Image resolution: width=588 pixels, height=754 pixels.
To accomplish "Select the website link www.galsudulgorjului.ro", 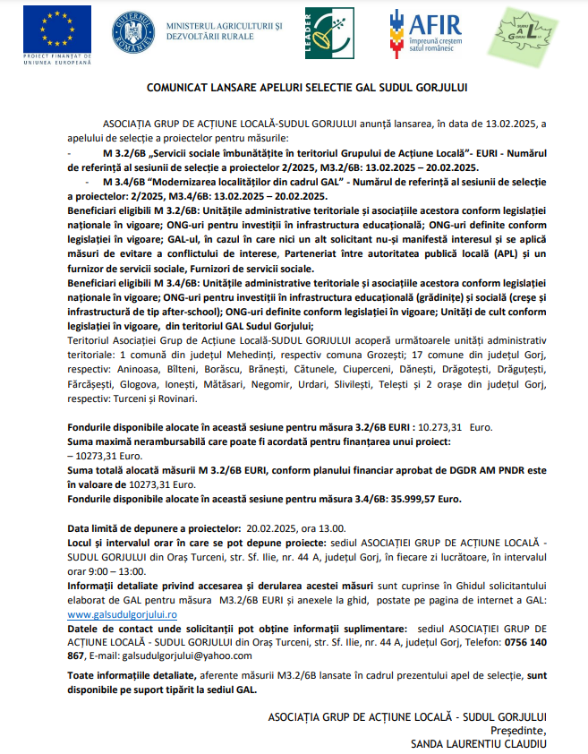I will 123,615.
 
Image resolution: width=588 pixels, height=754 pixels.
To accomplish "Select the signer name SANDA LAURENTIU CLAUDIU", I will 478,742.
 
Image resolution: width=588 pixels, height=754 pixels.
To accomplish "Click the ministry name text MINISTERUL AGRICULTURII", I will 221,28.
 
